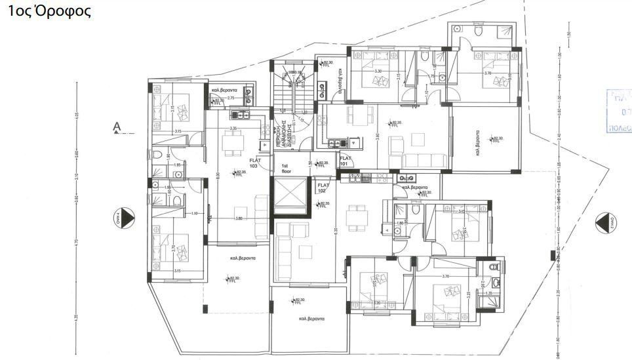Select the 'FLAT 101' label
coord(346,159)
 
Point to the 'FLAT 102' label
coord(323,188)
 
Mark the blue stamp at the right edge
coord(620,112)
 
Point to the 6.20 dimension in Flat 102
coord(334,231)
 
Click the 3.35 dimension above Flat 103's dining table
coord(234,129)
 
